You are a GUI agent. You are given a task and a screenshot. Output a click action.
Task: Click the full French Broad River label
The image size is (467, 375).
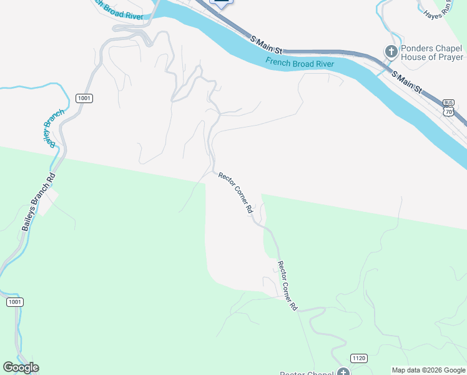coord(300,63)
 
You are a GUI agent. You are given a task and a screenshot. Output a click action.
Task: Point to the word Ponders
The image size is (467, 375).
coord(418,48)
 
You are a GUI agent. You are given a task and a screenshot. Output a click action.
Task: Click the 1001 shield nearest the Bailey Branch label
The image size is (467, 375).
coord(84,98)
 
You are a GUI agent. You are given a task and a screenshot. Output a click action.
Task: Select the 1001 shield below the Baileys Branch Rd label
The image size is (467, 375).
coord(15,302)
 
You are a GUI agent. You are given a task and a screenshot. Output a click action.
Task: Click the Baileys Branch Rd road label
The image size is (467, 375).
coord(39,201)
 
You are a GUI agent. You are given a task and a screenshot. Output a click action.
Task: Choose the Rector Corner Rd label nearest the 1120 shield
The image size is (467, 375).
coord(287,286)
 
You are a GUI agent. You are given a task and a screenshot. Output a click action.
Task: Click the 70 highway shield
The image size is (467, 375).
coord(448,111)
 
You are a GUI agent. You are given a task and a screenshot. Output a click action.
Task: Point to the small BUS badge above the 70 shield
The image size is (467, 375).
coord(448,102)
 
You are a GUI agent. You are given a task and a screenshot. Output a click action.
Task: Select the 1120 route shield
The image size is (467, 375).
coord(358,358)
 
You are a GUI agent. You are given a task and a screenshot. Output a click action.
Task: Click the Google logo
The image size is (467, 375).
coord(21,367)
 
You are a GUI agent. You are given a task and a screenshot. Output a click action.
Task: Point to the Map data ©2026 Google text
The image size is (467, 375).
coord(428,370)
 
